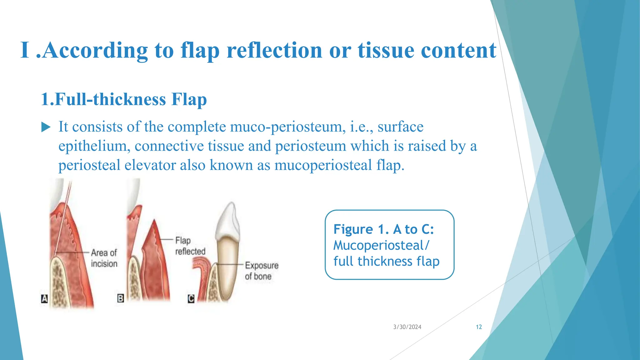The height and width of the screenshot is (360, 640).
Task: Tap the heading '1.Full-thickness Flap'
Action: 124,99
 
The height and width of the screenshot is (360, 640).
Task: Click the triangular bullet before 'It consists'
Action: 46,127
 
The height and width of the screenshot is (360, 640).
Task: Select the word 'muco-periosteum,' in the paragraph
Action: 288,127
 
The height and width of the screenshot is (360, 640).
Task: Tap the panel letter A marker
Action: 44,298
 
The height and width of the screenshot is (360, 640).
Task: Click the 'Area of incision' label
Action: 104,258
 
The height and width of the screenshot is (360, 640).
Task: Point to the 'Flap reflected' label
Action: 190,246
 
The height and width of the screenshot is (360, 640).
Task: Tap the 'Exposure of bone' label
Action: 261,271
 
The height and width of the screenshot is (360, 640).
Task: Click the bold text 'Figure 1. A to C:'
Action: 383,229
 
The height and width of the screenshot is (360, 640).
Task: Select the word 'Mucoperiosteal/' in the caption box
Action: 381,245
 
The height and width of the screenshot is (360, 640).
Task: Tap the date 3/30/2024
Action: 407,327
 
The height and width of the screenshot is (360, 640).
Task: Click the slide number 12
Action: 479,327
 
